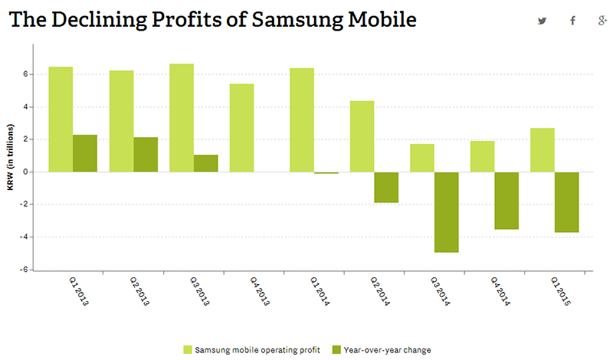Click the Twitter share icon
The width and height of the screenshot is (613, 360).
tap(543, 21)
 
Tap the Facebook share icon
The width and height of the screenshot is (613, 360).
tap(572, 21)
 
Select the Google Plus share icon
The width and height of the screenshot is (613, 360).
tap(602, 21)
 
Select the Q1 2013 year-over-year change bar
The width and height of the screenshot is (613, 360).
tap(85, 153)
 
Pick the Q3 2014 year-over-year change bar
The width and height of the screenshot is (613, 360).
tap(446, 211)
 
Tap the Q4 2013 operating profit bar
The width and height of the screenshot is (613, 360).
tap(241, 127)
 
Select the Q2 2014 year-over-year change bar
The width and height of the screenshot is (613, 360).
tap(386, 187)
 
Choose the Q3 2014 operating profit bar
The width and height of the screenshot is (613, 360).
tap(422, 158)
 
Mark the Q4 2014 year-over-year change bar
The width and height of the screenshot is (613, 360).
tap(506, 200)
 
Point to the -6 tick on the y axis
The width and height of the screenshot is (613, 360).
tap(26, 270)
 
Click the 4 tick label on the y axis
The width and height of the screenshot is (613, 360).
tap(26, 106)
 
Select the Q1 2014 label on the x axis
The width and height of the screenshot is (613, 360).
tap(319, 293)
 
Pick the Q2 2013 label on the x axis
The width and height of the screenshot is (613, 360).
tap(139, 293)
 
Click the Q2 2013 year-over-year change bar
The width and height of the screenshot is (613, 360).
tap(146, 154)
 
